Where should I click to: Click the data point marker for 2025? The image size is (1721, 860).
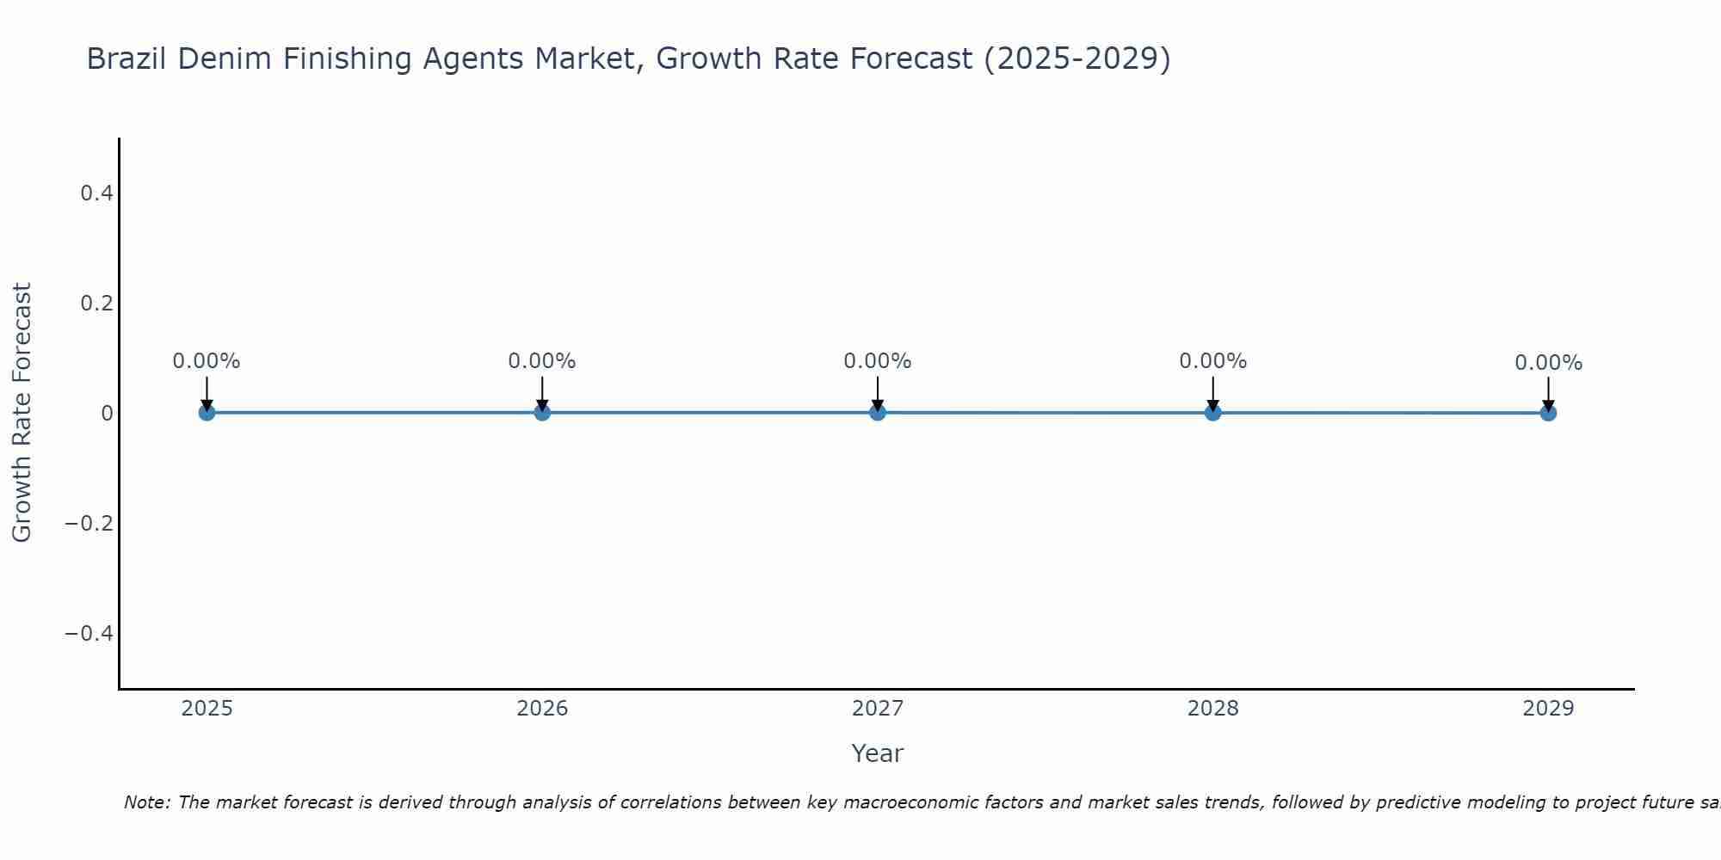tap(207, 413)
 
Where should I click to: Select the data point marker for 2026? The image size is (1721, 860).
tap(542, 413)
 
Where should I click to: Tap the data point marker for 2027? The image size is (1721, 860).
tap(878, 413)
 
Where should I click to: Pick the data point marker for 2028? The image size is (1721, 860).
tap(1213, 413)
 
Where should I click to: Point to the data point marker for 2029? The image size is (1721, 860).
tap(1548, 413)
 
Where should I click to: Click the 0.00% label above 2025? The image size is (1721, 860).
tap(207, 361)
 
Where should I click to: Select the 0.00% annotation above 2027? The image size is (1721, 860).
tap(878, 361)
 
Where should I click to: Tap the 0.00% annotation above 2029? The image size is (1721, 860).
tap(1548, 363)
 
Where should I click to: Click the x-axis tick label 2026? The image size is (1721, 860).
tap(542, 709)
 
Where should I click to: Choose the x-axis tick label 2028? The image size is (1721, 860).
tap(1213, 709)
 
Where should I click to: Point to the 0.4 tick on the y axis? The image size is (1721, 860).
tap(96, 193)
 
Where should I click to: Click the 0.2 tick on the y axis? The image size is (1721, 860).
tap(96, 304)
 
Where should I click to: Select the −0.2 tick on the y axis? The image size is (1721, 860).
tap(89, 524)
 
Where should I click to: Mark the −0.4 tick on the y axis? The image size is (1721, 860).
tap(89, 634)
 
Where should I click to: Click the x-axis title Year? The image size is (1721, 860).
tap(877, 753)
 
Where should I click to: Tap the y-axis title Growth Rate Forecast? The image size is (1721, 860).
tap(22, 413)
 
